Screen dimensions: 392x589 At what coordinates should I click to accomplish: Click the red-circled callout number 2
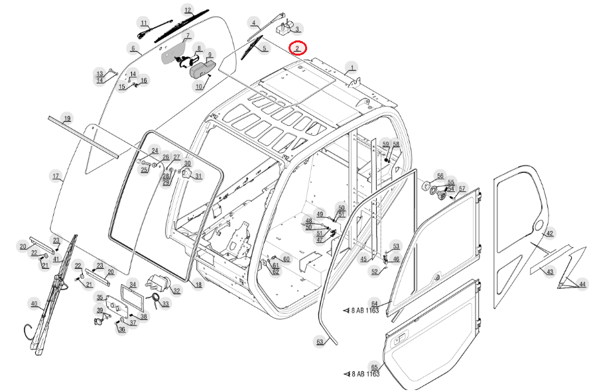298,48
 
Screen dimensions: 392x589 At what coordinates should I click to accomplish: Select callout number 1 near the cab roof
352,67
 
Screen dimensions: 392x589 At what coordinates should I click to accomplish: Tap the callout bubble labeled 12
188,11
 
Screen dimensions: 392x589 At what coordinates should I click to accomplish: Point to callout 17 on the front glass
56,176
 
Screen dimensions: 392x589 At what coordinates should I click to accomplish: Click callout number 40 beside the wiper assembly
34,303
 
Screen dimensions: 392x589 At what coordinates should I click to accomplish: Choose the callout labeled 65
374,367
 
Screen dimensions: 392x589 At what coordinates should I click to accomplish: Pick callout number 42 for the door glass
549,233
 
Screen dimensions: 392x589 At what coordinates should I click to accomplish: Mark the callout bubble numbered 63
320,342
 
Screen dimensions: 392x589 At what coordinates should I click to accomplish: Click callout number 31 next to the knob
198,175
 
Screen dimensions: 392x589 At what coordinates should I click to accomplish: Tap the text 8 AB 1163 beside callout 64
365,310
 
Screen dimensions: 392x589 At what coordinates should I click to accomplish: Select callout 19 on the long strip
66,119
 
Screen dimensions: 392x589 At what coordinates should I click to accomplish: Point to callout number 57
462,189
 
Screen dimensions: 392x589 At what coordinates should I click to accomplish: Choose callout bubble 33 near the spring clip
165,304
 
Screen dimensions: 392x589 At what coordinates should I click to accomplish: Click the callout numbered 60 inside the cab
286,259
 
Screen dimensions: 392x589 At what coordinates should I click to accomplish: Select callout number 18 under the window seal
198,284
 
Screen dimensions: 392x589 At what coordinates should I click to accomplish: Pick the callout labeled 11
144,24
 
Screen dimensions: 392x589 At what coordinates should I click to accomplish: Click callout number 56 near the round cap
439,175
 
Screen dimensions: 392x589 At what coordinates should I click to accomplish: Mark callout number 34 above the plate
133,285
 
